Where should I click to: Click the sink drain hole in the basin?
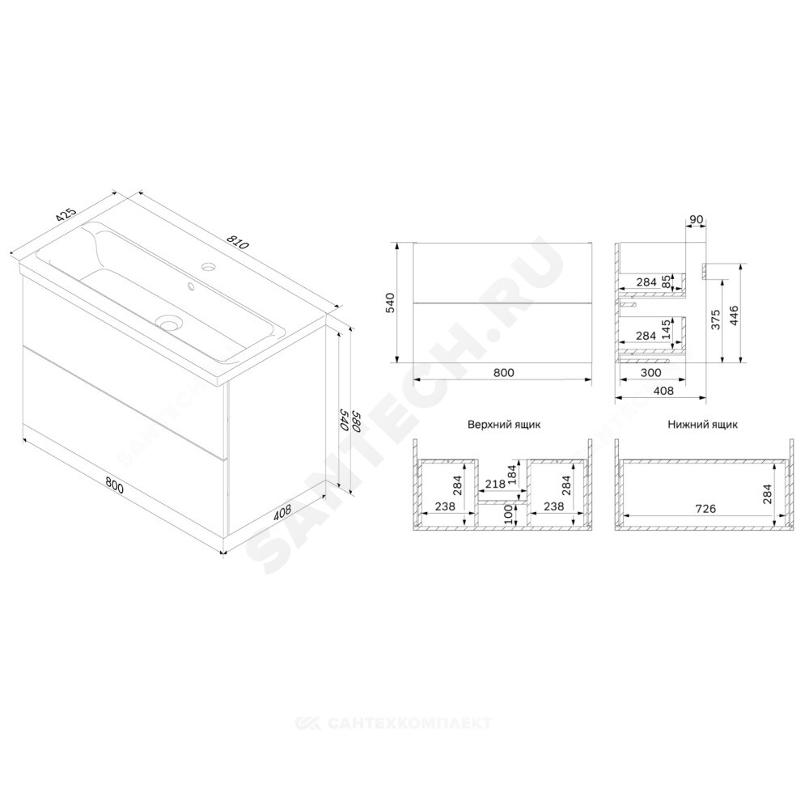click(170, 324)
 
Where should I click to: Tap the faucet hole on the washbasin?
click(209, 267)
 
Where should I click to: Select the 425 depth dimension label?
click(66, 214)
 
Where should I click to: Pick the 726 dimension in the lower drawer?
click(705, 509)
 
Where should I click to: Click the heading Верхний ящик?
click(504, 425)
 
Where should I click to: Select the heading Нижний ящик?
click(702, 425)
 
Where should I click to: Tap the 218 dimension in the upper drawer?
click(496, 484)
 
